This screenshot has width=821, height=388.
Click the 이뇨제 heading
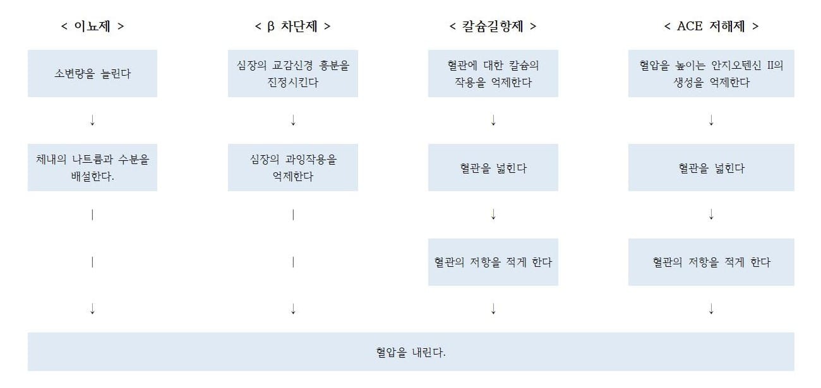coord(92,26)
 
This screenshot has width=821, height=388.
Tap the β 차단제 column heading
coord(292,26)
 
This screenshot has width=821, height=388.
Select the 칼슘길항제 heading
coord(493,26)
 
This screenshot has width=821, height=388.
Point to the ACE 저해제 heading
coord(711,26)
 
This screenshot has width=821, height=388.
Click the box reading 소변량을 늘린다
coord(92,74)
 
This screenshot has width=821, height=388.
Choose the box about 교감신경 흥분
coord(293,74)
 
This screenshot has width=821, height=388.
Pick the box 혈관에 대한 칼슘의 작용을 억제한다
coord(493,74)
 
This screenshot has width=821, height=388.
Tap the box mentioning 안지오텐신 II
coord(711,74)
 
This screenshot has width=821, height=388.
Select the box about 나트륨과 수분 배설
coord(92,167)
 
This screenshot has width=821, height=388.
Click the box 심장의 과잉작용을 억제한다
coord(293,167)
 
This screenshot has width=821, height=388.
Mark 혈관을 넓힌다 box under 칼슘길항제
coord(493,167)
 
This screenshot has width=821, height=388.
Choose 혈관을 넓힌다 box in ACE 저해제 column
coord(711,167)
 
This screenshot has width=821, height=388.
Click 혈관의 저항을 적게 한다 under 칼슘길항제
coord(493,262)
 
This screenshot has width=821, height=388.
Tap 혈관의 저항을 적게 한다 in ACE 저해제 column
coord(711,262)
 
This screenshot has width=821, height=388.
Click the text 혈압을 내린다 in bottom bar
coord(411,353)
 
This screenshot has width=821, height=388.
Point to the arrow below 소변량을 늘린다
coord(92,120)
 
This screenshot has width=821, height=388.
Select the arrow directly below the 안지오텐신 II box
coord(711,120)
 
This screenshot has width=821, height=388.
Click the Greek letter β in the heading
coord(271,26)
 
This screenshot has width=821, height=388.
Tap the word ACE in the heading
coord(690,26)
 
